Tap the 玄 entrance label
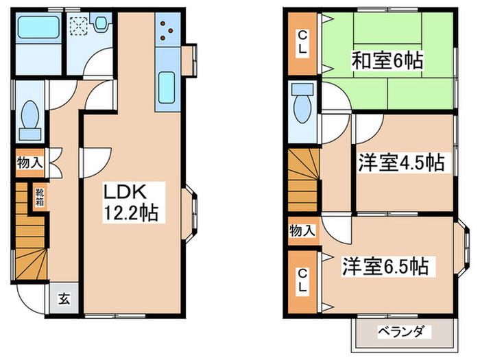pyautogui.click(x=64, y=299)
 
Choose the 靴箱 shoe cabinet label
pyautogui.click(x=40, y=197)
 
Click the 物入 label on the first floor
pyautogui.click(x=30, y=163)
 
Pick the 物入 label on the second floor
pyautogui.click(x=302, y=230)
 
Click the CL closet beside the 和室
pyautogui.click(x=302, y=43)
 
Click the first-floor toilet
pyautogui.click(x=30, y=117)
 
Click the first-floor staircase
pyautogui.click(x=30, y=247)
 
